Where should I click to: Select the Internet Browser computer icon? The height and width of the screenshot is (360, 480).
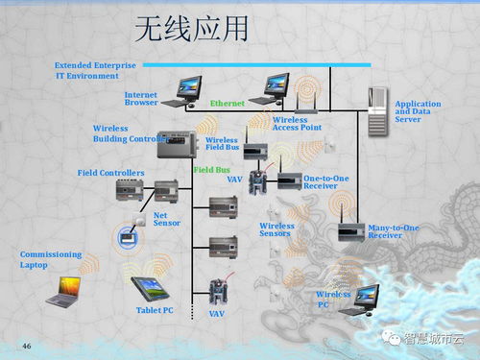[x=179, y=90]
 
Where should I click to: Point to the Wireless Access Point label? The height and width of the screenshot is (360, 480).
[x=299, y=122]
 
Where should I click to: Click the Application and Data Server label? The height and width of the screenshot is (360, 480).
[x=419, y=111]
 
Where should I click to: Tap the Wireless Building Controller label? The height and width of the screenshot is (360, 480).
[x=129, y=133]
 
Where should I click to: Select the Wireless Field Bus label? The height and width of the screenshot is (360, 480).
[x=222, y=144]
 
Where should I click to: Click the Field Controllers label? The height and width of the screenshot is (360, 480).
[x=110, y=173]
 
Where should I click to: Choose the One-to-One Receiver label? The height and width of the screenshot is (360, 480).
[x=327, y=181]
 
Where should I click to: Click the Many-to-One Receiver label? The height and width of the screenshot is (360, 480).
[x=394, y=231]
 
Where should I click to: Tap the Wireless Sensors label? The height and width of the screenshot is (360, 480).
[x=276, y=230]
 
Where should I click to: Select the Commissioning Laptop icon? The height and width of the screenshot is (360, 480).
[x=64, y=290]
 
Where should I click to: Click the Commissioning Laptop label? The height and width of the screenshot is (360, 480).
[x=51, y=259]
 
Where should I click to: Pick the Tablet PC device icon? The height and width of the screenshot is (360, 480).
[x=150, y=284]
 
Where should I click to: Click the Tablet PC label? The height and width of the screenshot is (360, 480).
[x=155, y=310]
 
